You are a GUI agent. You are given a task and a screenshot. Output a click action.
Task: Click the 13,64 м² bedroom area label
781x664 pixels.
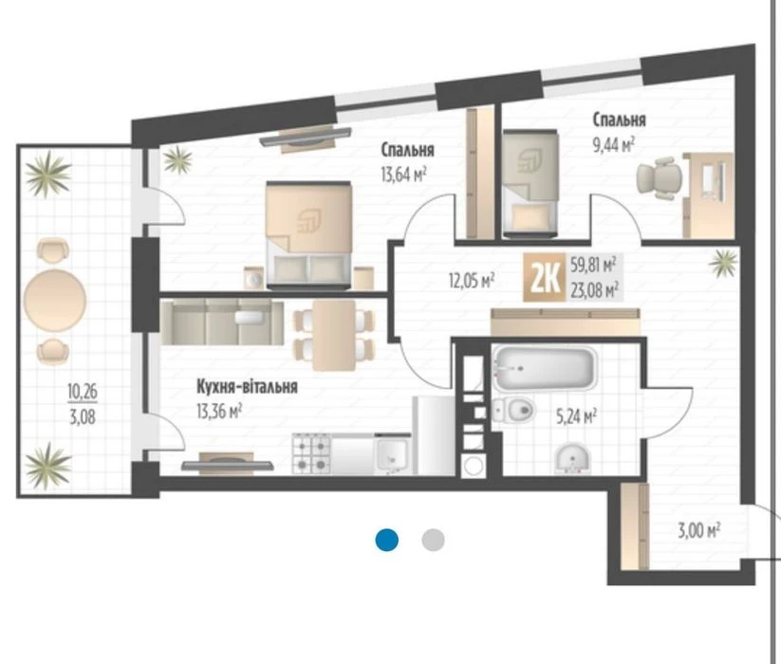tap(403, 175)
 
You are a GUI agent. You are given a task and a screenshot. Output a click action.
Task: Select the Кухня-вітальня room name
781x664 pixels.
tap(247, 386)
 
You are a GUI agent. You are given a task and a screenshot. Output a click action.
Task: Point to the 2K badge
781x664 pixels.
tap(544, 278)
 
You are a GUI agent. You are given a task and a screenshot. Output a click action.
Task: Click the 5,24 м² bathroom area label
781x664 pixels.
tap(577, 415)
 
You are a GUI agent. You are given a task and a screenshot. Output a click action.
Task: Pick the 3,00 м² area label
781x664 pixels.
tap(698, 530)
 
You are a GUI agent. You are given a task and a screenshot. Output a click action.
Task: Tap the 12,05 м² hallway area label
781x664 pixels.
tap(472, 280)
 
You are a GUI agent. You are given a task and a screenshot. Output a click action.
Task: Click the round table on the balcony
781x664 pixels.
tap(54, 300)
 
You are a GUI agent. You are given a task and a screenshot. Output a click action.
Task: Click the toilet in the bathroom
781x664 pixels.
tap(513, 410)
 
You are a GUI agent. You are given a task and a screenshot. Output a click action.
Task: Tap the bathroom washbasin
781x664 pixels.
tap(572, 457)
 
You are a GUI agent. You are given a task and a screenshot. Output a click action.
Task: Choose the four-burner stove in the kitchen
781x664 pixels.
tap(312, 453)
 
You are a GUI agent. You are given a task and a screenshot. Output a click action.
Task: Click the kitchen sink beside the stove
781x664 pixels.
tap(393, 454)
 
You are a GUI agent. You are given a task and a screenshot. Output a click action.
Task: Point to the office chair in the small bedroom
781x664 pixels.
tap(660, 177)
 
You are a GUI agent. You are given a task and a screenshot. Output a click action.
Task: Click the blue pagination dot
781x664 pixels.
tap(387, 540)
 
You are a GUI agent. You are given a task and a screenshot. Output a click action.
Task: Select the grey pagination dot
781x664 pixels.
tap(433, 540)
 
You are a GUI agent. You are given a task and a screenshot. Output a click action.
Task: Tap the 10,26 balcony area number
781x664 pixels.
tap(83, 392)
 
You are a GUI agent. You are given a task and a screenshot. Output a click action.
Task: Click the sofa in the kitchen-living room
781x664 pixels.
tap(222, 323)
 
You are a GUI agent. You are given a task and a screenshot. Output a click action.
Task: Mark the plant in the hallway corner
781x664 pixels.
tap(724, 263)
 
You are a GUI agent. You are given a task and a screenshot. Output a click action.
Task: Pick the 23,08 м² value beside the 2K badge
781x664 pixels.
tap(595, 289)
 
